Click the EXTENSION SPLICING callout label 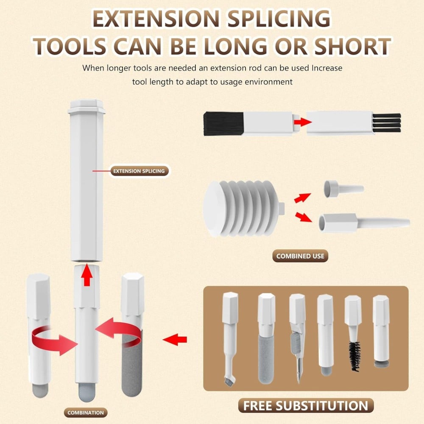pos(139,171)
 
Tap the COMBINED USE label pos(300,256)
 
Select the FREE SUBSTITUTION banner pos(306,406)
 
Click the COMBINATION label pos(86,413)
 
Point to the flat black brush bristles pos(223,123)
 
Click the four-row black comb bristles pos(387,123)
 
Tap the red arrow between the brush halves pos(303,121)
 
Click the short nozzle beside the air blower pos(343,189)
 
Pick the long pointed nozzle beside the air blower pos(364,223)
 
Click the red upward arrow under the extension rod pos(87,275)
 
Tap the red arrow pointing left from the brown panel pos(175,339)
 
